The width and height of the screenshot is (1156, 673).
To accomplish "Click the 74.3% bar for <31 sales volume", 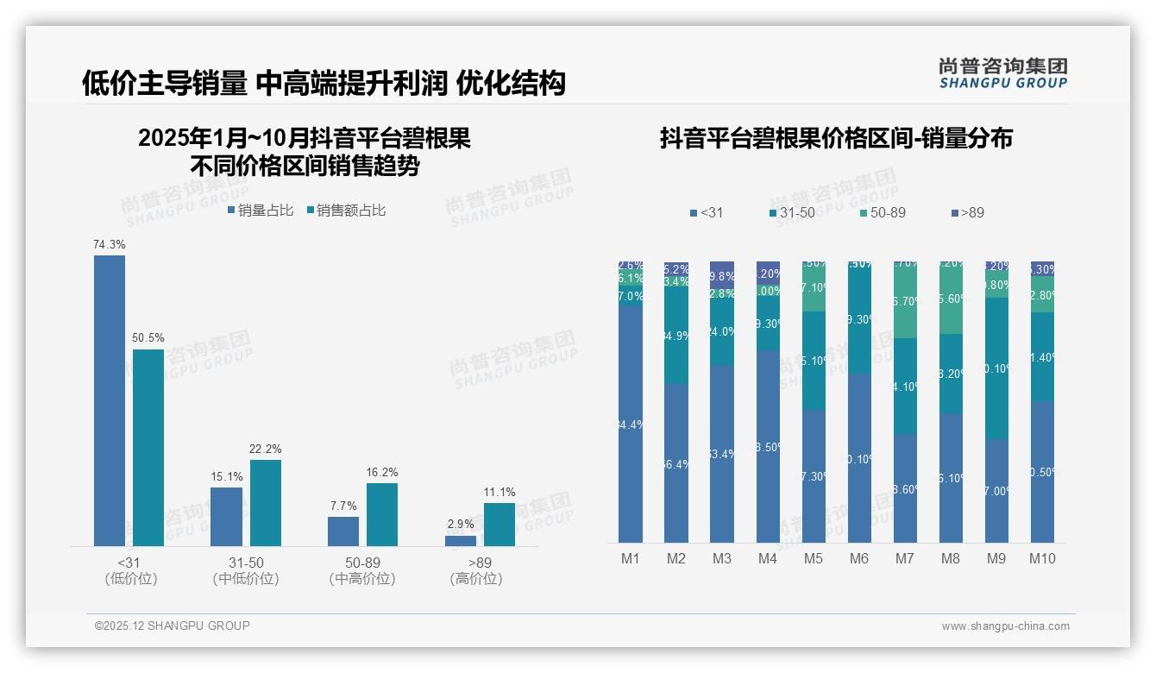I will [110, 400].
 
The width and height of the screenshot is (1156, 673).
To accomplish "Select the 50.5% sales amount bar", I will [148, 447].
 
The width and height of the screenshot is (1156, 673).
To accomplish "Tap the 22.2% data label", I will [266, 449].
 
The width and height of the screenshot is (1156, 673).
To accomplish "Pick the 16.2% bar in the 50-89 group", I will [382, 514].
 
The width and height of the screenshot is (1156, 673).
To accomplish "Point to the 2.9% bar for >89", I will [461, 541].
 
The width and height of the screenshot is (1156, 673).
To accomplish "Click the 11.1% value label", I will [499, 493].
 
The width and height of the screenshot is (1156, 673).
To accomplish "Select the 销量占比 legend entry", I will [260, 211].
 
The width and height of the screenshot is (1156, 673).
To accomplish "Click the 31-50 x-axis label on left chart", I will [246, 563].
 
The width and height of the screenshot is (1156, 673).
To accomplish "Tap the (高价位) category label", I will [475, 579].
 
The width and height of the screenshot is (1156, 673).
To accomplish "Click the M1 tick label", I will [631, 558].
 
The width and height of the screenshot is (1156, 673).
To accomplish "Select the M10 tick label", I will [1042, 558].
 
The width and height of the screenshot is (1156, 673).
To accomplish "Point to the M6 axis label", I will [859, 558].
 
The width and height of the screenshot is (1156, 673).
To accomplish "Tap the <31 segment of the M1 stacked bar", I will [631, 424].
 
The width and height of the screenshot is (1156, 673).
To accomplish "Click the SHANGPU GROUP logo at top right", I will [1002, 73].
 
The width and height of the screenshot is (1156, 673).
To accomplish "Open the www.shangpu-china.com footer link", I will [1005, 626].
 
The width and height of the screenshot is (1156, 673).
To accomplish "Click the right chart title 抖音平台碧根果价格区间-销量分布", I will [836, 138].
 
